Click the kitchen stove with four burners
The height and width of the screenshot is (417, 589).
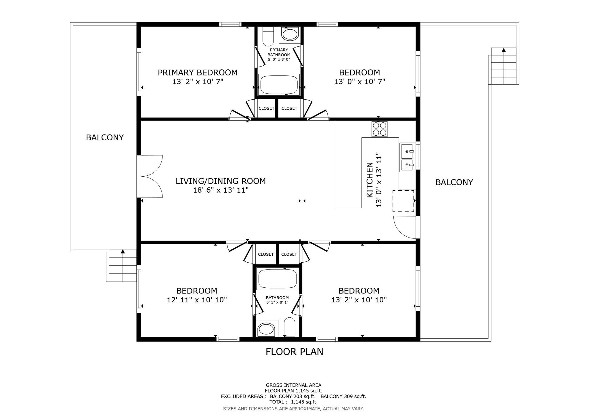(x=380, y=129)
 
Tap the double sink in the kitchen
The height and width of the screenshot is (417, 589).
(x=407, y=158)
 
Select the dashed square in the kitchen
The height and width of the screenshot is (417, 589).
(x=403, y=201)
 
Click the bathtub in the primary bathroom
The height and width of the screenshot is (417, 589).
(x=279, y=85)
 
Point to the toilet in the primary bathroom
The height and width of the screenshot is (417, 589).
(x=268, y=36)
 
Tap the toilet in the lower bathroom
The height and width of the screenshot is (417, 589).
(x=289, y=327)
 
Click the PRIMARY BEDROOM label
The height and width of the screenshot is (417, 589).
(x=198, y=73)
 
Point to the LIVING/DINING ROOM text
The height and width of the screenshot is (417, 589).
(x=221, y=181)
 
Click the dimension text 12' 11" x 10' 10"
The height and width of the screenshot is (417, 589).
(x=197, y=300)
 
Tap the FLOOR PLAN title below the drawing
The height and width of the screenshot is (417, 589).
(x=294, y=352)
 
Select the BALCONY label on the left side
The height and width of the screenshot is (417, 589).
(x=105, y=138)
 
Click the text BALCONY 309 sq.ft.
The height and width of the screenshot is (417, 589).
(x=343, y=396)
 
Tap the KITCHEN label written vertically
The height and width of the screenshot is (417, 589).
(x=370, y=180)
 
